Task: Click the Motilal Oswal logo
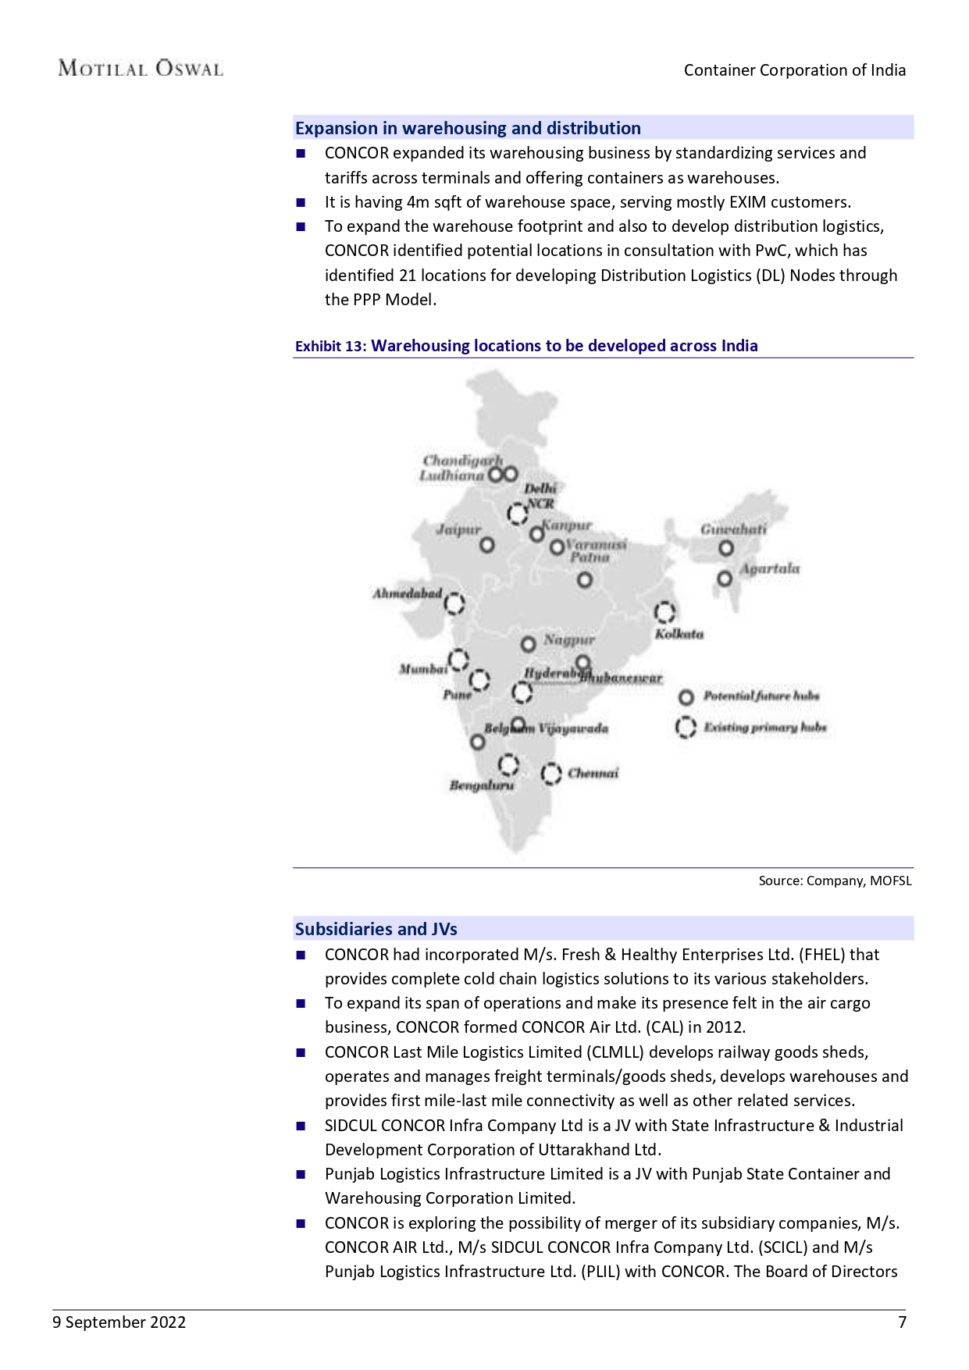coord(141,69)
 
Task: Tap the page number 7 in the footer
coord(902,1322)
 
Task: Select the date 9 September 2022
coord(119,1322)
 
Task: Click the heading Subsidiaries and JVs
coord(376,929)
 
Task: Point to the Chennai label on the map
coord(593,773)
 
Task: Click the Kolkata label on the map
coord(679,634)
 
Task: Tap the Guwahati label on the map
coord(732,528)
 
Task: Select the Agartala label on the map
coord(769,568)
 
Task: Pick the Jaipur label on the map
coord(458,529)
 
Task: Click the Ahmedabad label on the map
coord(407,593)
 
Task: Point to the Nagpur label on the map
coord(569,639)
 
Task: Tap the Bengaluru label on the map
coord(482,785)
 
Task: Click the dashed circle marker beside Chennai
coord(551,774)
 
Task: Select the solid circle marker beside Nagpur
coord(529,644)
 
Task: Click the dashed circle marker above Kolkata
coord(664,612)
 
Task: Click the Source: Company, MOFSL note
coord(835,881)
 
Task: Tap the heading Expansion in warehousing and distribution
coord(468,128)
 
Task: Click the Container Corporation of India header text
coord(795,70)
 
